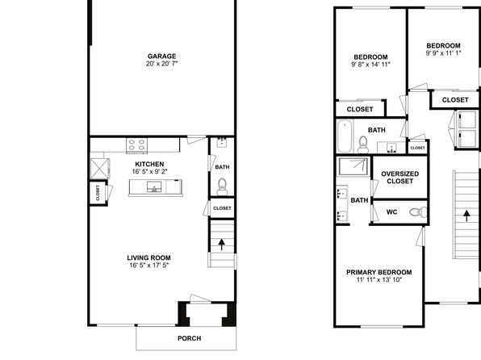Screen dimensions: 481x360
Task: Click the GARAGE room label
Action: [161, 57]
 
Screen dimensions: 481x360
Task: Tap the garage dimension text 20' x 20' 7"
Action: [161, 64]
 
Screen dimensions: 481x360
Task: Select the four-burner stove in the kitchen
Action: [137, 145]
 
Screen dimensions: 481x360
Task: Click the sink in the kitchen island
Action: [154, 186]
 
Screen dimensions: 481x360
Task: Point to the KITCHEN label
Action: [149, 164]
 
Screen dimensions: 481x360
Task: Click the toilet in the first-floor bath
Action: [222, 186]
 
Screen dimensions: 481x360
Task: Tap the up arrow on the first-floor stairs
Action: [221, 245]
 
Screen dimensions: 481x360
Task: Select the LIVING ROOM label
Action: [148, 257]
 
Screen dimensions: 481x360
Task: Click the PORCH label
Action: [190, 338]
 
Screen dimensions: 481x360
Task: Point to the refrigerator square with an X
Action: [100, 168]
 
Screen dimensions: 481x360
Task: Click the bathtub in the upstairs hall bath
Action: [345, 136]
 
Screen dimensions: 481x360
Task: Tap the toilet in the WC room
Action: [418, 211]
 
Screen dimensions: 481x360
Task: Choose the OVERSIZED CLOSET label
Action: [399, 178]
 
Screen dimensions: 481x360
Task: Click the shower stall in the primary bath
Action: [353, 166]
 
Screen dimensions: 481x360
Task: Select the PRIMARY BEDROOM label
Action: [379, 272]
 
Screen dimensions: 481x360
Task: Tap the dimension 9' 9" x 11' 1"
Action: [443, 53]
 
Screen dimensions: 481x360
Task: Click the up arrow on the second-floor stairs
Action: [466, 216]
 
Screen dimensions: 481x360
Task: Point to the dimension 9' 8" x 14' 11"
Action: [370, 65]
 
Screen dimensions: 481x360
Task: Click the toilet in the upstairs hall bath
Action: [363, 144]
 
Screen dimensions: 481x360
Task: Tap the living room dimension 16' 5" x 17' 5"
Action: [148, 266]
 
